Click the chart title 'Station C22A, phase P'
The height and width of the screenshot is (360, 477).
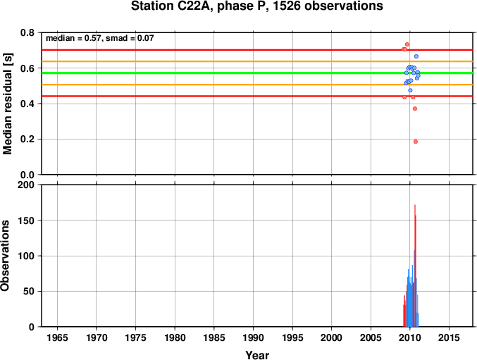click(x=199, y=6)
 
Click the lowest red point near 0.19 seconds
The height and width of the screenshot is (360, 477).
click(x=416, y=142)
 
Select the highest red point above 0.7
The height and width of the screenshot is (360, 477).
click(x=407, y=44)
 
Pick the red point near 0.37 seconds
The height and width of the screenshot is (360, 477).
click(x=414, y=108)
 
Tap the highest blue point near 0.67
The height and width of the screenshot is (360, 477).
click(x=416, y=56)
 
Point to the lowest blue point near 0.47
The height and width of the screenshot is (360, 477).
click(x=410, y=90)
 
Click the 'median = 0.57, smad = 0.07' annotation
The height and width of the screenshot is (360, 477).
click(x=100, y=38)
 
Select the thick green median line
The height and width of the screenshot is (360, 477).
click(x=257, y=73)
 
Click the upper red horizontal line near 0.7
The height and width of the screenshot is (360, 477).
click(x=257, y=50)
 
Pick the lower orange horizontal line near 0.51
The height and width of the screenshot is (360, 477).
click(x=257, y=85)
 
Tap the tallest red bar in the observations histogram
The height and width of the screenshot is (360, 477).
click(x=415, y=266)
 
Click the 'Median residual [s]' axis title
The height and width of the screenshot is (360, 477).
click(x=7, y=104)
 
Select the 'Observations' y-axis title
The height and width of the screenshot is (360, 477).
click(x=5, y=256)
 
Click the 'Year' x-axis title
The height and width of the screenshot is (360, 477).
click(x=257, y=355)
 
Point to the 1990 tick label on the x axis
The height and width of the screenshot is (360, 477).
click(x=253, y=337)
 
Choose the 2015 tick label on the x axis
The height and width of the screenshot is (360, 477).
click(x=449, y=337)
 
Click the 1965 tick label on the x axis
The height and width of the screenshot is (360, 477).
click(x=57, y=337)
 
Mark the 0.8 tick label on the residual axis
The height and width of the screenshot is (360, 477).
click(x=27, y=32)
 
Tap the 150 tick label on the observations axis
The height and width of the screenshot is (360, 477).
click(x=26, y=221)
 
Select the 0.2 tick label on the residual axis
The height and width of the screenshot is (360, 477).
click(x=27, y=139)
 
